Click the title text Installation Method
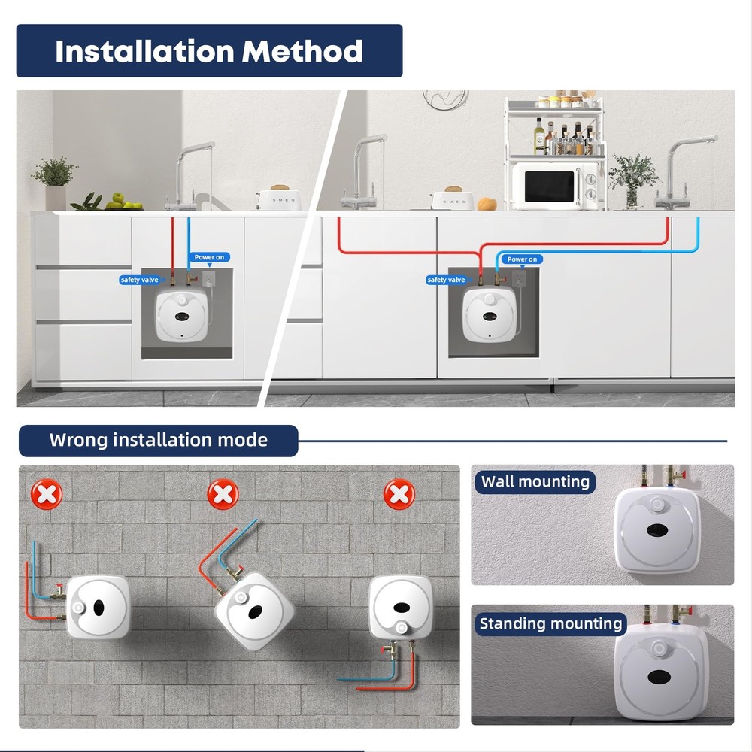point(209,51)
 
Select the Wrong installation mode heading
point(158,440)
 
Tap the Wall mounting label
point(535,481)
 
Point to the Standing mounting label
point(551,623)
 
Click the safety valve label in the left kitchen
point(139,280)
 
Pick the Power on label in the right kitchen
point(522,259)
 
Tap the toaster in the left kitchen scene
point(279,199)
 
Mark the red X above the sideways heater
point(47,495)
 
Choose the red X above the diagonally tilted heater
point(223,495)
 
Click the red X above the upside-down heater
point(399,495)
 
